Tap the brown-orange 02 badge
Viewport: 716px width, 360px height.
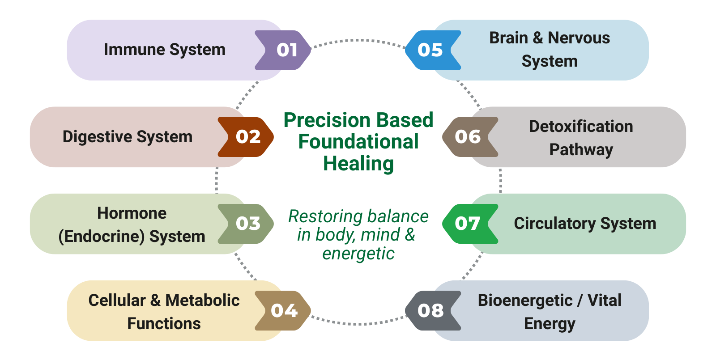tap(246, 137)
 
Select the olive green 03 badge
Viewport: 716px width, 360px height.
tap(246, 224)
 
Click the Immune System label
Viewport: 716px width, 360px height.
tap(165, 50)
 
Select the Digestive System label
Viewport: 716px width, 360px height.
tap(128, 137)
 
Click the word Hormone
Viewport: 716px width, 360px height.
tap(132, 213)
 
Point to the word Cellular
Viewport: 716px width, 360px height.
tap(117, 300)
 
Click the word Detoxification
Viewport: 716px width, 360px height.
tap(581, 127)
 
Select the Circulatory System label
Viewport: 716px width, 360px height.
tap(585, 224)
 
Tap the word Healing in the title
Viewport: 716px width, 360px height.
tap(358, 164)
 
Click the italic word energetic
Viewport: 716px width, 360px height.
tap(358, 254)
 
